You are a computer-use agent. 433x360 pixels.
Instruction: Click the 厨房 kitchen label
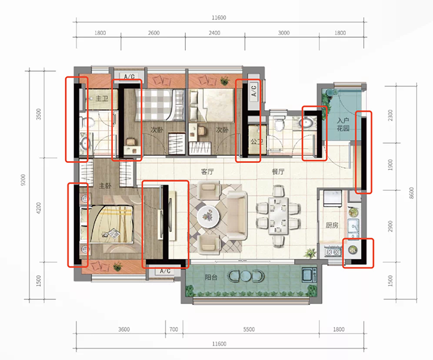click(331, 225)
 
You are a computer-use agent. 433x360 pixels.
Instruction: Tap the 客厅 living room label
click(207, 172)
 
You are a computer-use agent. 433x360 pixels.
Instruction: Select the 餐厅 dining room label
click(278, 172)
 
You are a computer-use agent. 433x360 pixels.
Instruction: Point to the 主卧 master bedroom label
click(105, 186)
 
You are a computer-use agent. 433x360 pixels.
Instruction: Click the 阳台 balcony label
click(211, 277)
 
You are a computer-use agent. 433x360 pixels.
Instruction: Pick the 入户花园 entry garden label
click(343, 124)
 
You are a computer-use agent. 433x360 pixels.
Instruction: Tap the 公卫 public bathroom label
click(257, 142)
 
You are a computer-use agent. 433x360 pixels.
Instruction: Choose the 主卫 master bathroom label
click(102, 99)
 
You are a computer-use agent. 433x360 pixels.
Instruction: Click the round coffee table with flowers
click(208, 216)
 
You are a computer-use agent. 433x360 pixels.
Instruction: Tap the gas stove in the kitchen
click(333, 252)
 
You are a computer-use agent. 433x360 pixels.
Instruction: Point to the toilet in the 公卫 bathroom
click(280, 123)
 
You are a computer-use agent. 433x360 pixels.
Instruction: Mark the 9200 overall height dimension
click(23, 180)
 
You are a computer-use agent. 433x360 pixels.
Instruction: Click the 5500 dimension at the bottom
click(249, 329)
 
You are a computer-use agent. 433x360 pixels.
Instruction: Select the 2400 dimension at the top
click(215, 33)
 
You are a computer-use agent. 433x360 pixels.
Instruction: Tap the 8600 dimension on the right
click(411, 193)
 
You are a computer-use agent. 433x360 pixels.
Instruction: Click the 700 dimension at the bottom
click(174, 329)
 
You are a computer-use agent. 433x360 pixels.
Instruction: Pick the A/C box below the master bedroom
click(165, 271)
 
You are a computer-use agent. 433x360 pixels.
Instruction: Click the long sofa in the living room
click(237, 216)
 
